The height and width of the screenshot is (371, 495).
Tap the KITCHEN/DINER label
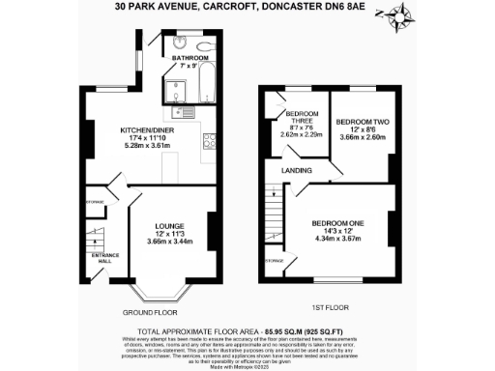(x=146, y=130)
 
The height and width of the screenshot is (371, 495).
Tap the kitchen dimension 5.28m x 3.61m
(x=146, y=147)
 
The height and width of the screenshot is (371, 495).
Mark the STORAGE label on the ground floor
(x=95, y=201)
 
